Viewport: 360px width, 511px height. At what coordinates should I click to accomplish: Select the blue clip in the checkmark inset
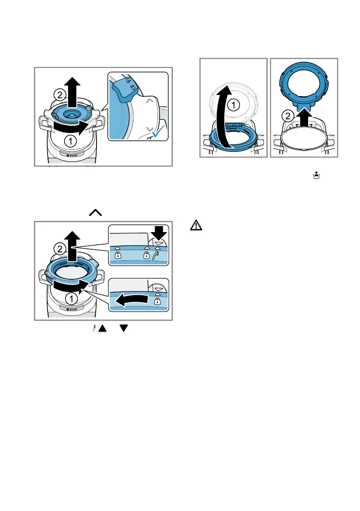124,91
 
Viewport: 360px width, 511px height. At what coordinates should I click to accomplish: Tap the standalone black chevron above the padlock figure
95,212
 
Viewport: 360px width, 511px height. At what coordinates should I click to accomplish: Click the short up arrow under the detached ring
303,117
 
